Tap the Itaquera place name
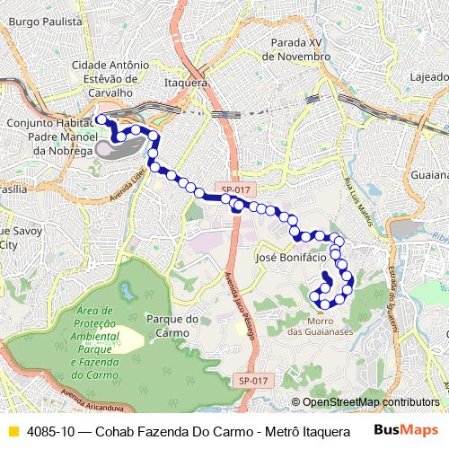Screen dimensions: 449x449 pyautogui.click(x=186, y=82)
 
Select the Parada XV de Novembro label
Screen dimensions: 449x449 pyautogui.click(x=297, y=48)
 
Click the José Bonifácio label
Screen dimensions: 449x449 pyautogui.click(x=290, y=257)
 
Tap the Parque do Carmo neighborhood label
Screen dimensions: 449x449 pyautogui.click(x=172, y=325)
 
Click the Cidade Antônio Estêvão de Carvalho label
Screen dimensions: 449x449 pyautogui.click(x=110, y=78)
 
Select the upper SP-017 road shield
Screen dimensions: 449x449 pyautogui.click(x=237, y=189)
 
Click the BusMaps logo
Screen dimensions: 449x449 pyautogui.click(x=406, y=430)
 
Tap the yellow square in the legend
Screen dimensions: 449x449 pyautogui.click(x=13, y=431)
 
